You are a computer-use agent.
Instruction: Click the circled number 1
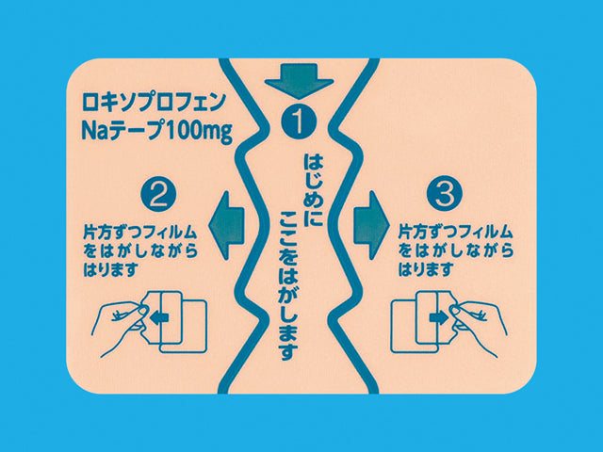(x=299, y=121)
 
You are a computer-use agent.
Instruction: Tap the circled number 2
(x=158, y=194)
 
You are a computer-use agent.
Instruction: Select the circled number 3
(x=445, y=194)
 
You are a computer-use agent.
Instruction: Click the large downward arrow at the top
(x=299, y=79)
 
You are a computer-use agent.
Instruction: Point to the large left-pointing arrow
(x=226, y=225)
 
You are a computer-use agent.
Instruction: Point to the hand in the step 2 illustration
(x=123, y=328)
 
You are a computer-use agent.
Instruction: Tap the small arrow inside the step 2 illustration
(x=159, y=317)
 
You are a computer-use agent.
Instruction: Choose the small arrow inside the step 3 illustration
(x=439, y=317)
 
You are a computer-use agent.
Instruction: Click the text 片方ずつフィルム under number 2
(x=140, y=233)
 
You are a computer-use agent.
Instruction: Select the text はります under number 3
(x=425, y=270)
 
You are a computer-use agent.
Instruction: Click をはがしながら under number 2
(x=140, y=251)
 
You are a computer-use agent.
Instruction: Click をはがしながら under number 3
(x=456, y=251)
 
